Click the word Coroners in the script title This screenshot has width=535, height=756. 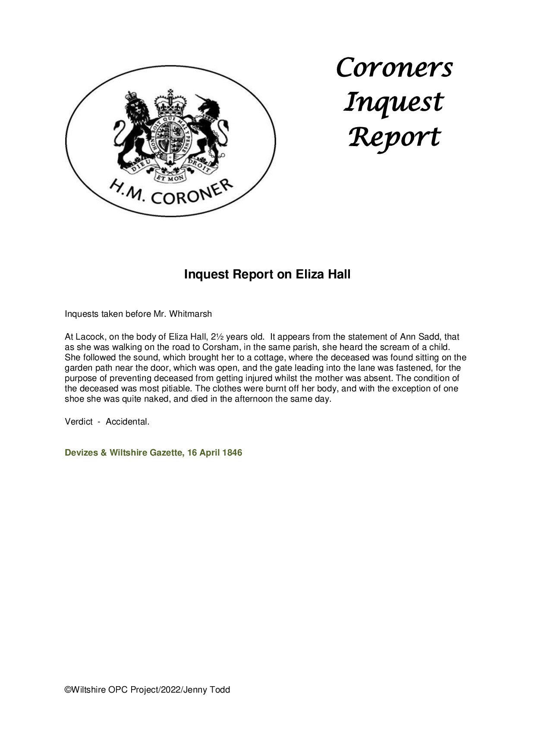[x=394, y=68]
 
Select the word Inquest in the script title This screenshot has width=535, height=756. [x=393, y=103]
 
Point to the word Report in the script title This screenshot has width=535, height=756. [x=394, y=137]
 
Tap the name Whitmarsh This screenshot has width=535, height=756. [x=191, y=314]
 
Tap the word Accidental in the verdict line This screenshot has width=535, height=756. [x=127, y=422]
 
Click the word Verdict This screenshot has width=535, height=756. [x=79, y=422]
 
